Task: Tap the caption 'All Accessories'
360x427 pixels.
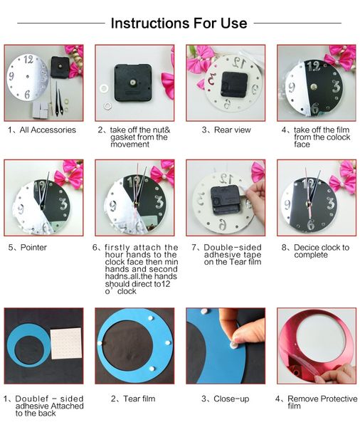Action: pos(42,130)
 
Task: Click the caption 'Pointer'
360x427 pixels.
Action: pos(28,248)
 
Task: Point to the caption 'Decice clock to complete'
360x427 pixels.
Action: pos(315,252)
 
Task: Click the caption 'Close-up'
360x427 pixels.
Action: pos(225,399)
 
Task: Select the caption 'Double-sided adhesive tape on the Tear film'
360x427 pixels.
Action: pos(224,254)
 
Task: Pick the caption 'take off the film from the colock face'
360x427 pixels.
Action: pos(316,137)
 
